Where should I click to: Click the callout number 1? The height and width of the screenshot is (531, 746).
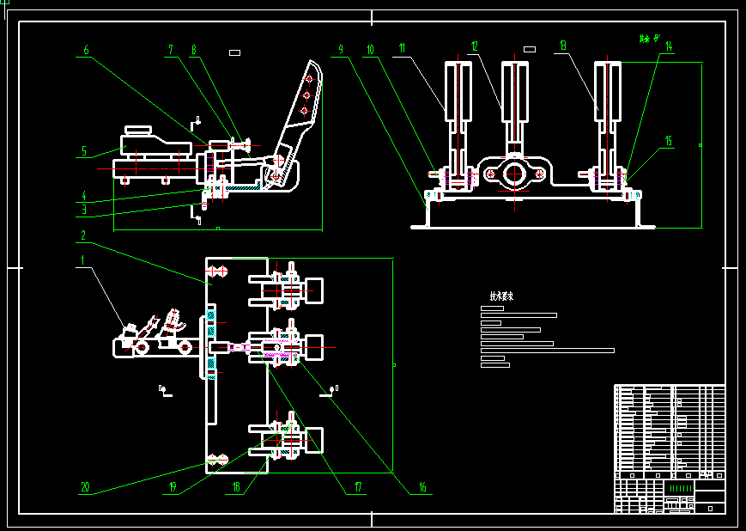(83, 259)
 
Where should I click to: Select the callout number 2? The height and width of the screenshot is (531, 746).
(83, 235)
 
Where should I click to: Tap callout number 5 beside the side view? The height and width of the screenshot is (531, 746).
(84, 151)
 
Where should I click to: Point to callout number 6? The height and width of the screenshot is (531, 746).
(85, 50)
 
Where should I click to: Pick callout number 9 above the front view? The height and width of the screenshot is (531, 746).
(341, 50)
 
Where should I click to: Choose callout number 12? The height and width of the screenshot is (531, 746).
(473, 46)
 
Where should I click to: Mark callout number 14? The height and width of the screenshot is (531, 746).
(668, 46)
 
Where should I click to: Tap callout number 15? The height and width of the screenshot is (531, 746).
(668, 141)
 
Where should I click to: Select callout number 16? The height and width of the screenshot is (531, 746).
(422, 487)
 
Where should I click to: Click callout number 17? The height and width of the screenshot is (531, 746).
(358, 487)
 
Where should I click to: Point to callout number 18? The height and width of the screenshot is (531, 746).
(238, 487)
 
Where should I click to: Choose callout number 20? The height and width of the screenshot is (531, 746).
(85, 487)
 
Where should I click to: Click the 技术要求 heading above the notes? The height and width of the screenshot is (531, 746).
(501, 296)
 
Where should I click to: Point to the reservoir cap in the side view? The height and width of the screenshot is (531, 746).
(137, 131)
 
